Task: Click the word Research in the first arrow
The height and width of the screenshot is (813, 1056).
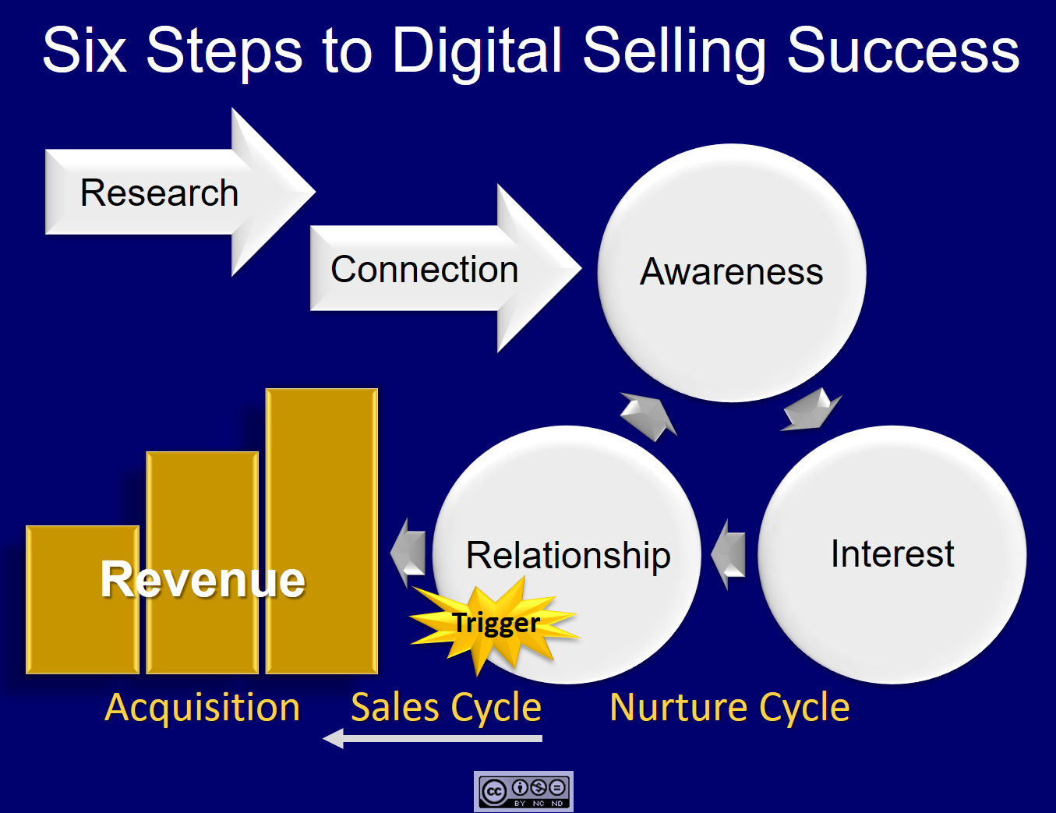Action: click(159, 193)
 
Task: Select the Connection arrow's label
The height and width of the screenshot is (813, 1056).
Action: click(424, 270)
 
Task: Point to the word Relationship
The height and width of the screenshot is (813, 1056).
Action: click(568, 555)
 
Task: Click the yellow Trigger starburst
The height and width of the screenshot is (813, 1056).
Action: click(496, 623)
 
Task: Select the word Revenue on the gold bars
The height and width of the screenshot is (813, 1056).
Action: click(203, 579)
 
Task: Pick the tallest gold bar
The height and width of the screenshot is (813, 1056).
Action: click(322, 483)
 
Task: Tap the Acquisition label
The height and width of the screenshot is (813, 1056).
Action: click(203, 708)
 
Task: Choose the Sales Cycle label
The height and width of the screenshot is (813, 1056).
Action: click(446, 708)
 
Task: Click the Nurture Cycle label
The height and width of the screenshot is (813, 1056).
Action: click(729, 708)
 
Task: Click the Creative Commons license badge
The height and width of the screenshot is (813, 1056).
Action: click(524, 792)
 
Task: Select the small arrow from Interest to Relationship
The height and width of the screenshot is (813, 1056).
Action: click(729, 554)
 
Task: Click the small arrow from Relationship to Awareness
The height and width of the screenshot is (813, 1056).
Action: click(648, 415)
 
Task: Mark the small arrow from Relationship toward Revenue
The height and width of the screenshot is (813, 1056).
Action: click(408, 553)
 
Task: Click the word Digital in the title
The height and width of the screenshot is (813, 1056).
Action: click(477, 51)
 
